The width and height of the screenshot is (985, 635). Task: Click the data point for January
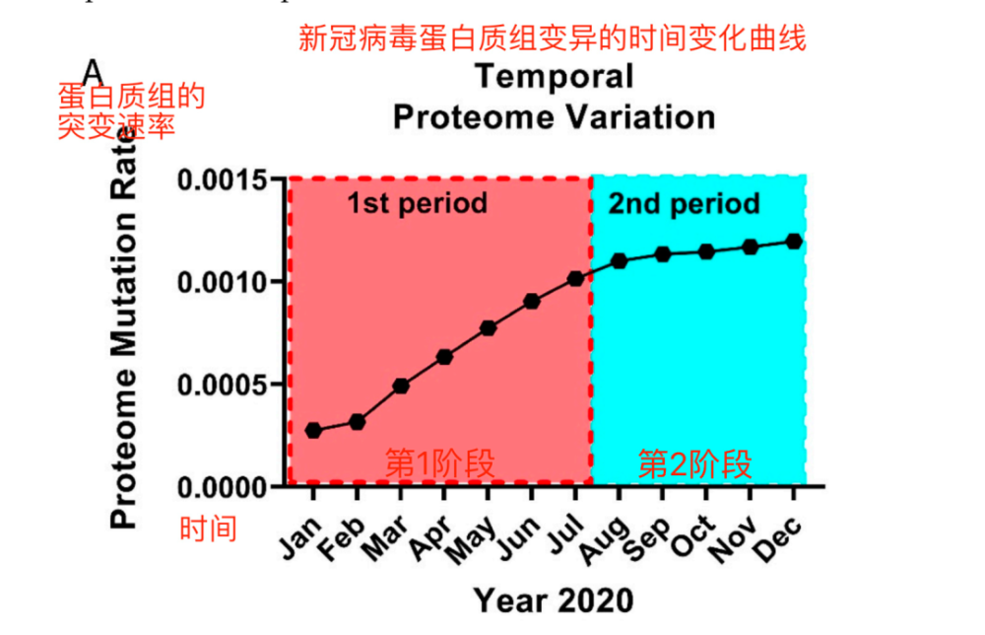(x=313, y=430)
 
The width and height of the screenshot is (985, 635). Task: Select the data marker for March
(x=401, y=386)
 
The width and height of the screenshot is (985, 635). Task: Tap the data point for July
(x=575, y=279)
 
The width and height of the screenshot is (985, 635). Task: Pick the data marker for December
(x=794, y=242)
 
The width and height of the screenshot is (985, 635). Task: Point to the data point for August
(x=619, y=260)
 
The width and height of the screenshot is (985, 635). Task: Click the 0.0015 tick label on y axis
(x=223, y=180)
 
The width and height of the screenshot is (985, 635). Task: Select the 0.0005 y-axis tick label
(x=223, y=384)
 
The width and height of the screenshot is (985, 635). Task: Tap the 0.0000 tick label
(x=223, y=486)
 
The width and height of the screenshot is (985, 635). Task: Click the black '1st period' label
(x=417, y=204)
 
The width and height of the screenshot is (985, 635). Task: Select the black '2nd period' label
(x=684, y=204)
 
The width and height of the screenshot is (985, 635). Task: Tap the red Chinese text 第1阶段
(x=438, y=462)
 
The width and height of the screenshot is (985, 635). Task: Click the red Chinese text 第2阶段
(x=695, y=462)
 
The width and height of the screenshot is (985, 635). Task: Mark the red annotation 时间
(x=208, y=529)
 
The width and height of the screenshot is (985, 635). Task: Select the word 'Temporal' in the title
(x=554, y=76)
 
